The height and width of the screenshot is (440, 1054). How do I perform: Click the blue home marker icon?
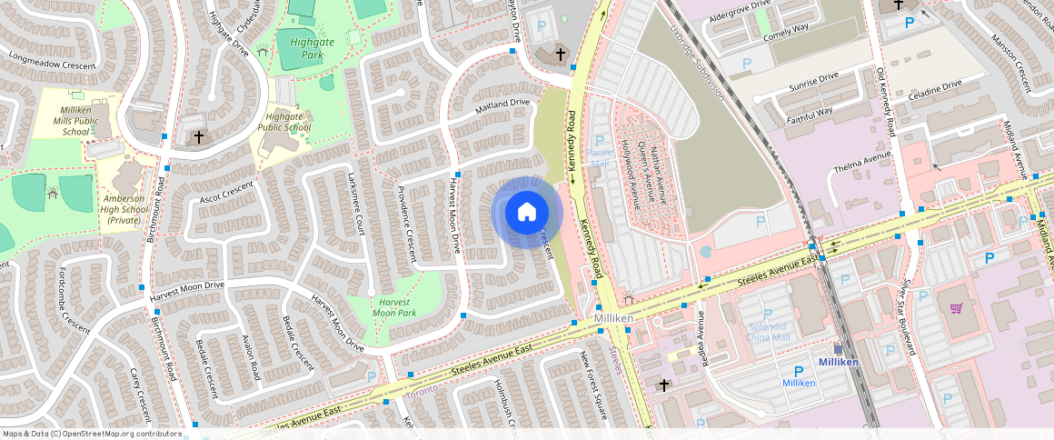click(526, 213)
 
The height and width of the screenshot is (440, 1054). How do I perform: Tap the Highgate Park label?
click(301, 48)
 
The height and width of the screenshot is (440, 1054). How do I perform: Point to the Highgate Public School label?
click(284, 122)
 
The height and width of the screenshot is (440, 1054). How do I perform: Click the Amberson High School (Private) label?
click(125, 208)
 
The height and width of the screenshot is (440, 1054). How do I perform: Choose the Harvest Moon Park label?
click(396, 307)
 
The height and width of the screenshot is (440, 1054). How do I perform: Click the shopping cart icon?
click(956, 308)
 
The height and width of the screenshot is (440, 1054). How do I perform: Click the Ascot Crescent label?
click(224, 192)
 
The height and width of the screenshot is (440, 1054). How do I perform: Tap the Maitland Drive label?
click(503, 104)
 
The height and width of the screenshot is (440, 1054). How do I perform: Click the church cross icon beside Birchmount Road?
click(199, 136)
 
